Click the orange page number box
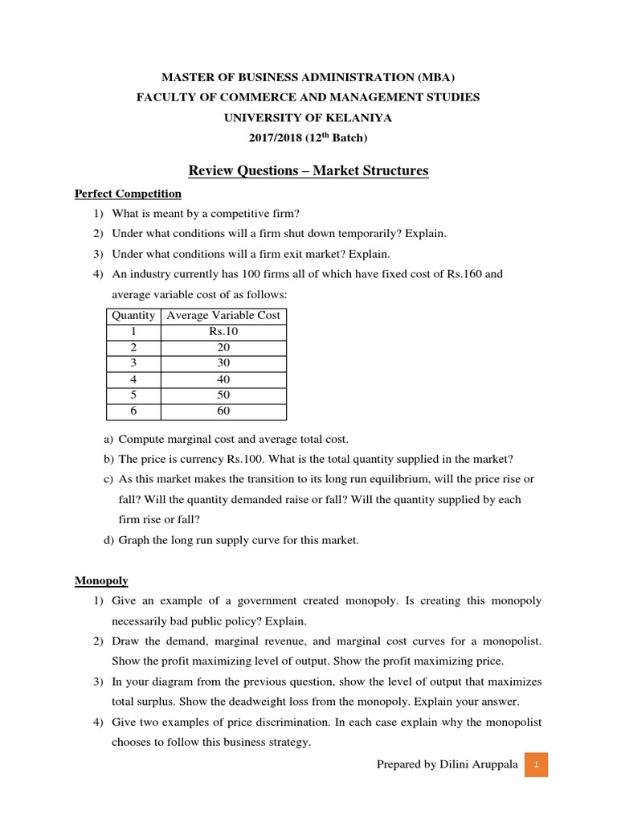point(536,764)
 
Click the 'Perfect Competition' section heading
point(128,194)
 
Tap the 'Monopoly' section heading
point(101,580)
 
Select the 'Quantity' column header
point(133,316)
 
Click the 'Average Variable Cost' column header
point(223,316)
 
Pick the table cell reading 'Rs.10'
point(223,332)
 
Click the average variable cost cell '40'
point(223,379)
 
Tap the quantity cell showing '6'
point(133,411)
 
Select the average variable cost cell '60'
point(223,411)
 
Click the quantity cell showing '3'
point(133,363)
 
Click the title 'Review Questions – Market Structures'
point(308,170)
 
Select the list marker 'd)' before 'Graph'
point(108,540)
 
